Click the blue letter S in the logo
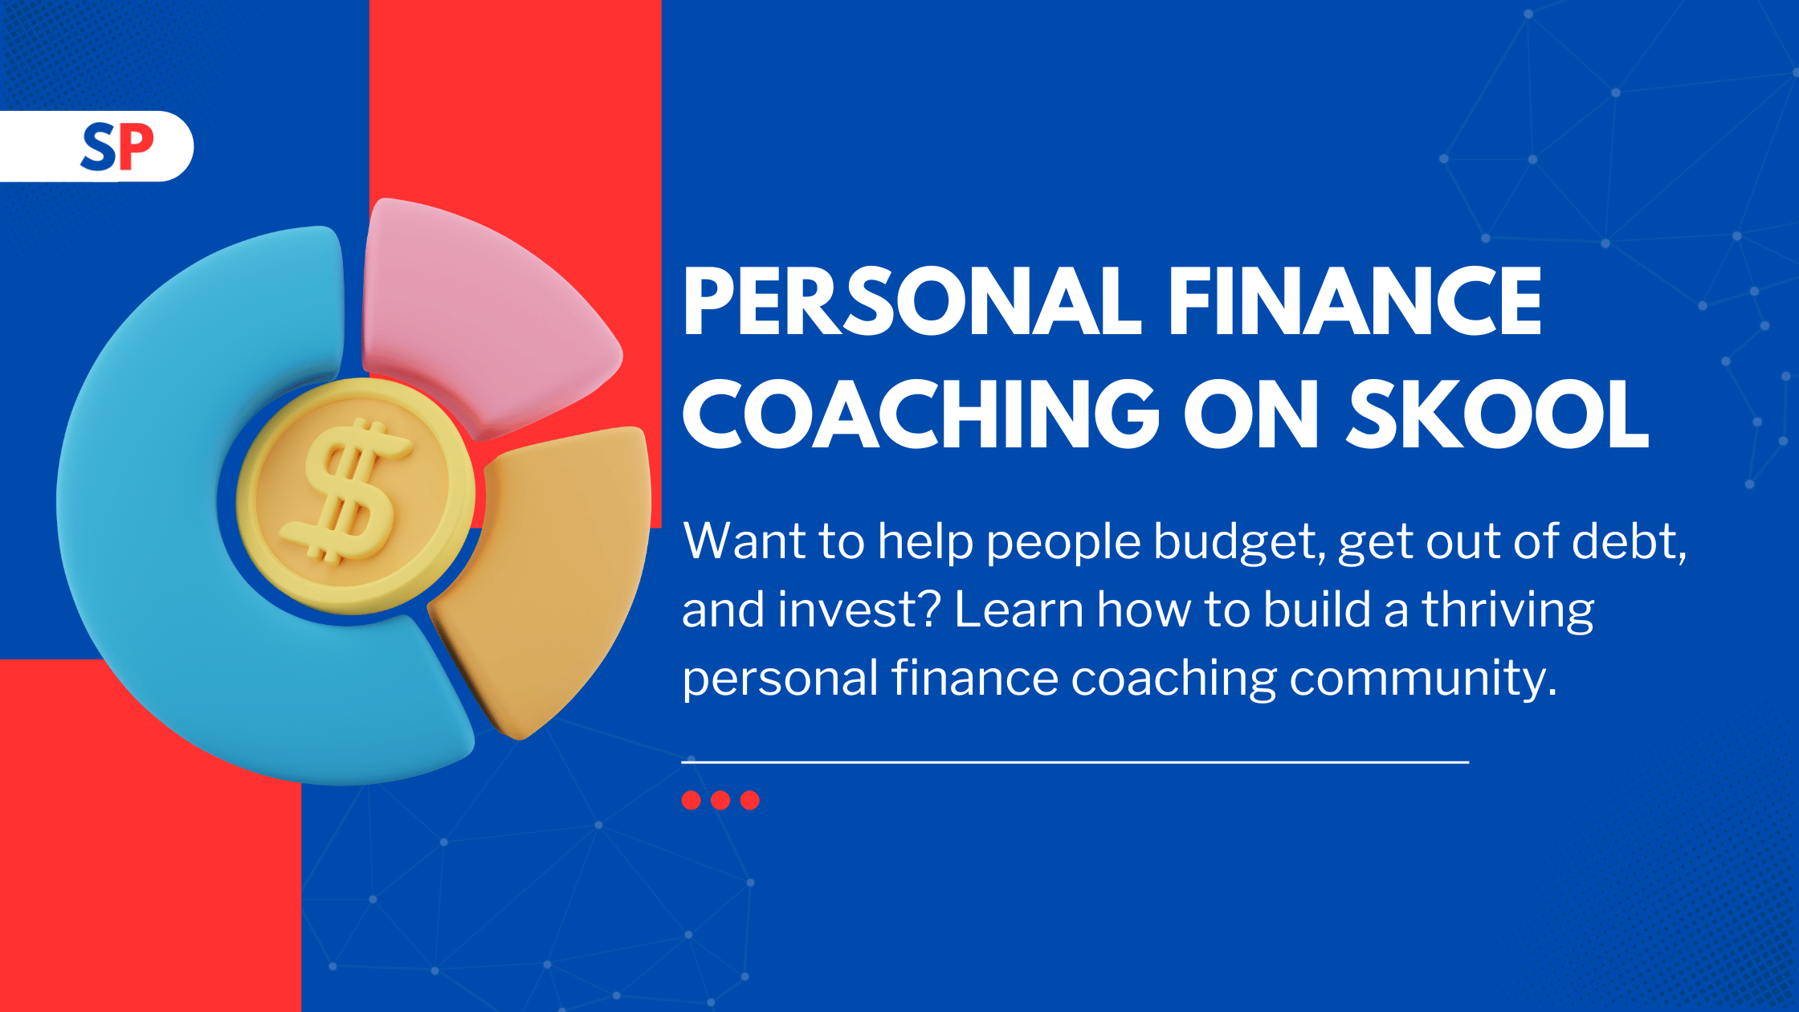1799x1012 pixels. (x=99, y=147)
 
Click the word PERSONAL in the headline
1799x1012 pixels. (x=912, y=301)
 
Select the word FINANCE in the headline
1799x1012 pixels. (x=1355, y=301)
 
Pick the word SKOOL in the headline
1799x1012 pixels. (x=1498, y=414)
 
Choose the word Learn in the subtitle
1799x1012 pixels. (x=1018, y=609)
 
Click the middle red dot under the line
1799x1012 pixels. (x=720, y=800)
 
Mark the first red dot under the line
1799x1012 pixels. (x=691, y=800)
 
